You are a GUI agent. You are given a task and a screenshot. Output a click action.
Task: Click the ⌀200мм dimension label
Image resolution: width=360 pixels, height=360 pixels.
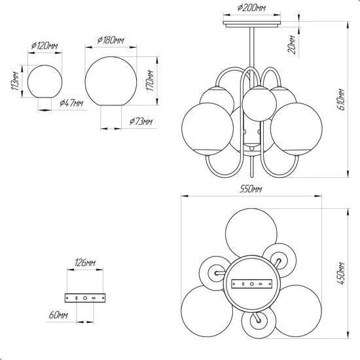point(251,8)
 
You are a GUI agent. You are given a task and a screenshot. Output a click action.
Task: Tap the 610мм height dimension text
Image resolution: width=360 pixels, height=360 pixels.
point(342,99)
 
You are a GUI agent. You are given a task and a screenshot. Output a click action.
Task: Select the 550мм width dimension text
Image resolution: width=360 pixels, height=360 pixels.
point(251,189)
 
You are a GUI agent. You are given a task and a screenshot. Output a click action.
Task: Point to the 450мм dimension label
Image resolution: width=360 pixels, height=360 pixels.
point(342,273)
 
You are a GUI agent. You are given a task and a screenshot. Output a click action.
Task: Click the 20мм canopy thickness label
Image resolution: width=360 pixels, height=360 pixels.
point(291,45)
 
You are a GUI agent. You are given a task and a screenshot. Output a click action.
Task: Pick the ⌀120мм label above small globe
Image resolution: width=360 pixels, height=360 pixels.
point(45,46)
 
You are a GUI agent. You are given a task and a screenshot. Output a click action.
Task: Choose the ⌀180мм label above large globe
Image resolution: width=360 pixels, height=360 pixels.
point(111,40)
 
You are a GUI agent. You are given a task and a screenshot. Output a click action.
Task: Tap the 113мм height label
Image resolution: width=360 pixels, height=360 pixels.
point(15,81)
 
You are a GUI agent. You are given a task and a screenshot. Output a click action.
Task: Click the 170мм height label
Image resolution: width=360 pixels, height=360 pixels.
point(151,81)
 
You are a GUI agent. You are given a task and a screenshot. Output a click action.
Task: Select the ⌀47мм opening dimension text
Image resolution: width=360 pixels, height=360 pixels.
point(71,103)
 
